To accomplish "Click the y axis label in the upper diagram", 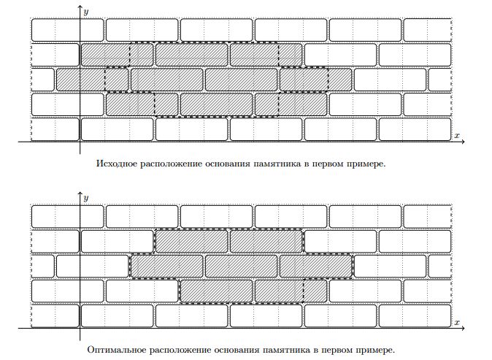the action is point(86,12).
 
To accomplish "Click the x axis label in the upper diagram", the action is point(456,136).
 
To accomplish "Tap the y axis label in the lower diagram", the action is point(86,198).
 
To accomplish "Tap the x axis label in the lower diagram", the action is point(456,322).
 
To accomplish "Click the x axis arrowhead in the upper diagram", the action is point(463,142).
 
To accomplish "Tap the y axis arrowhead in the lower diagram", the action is point(80,194).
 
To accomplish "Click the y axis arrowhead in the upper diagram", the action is point(80,7).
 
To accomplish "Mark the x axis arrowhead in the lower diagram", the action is point(463,329).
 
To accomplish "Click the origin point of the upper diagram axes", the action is point(80,142).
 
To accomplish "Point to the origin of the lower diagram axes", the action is point(80,329).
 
